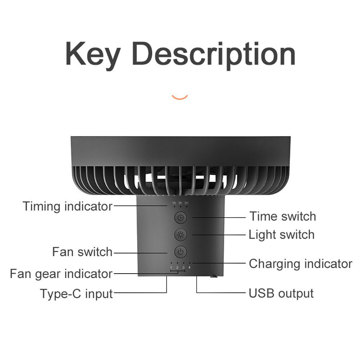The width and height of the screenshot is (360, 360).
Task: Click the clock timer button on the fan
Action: pyautogui.click(x=180, y=217)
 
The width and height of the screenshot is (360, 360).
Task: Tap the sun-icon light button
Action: pyautogui.click(x=180, y=235)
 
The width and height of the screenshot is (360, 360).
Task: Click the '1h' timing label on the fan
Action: pyautogui.click(x=174, y=203)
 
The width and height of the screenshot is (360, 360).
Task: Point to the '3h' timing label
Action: pyautogui.click(x=180, y=203)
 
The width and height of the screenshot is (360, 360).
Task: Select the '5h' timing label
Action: pyautogui.click(x=186, y=203)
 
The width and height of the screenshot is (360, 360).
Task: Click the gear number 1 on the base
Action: pyautogui.click(x=171, y=267)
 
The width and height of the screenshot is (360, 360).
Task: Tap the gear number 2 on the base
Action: pyautogui.click(x=177, y=267)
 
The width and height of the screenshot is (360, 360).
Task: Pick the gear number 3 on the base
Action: pyautogui.click(x=183, y=267)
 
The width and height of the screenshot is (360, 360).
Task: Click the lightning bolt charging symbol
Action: pyautogui.click(x=190, y=267)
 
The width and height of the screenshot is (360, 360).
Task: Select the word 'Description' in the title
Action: pyautogui.click(x=213, y=55)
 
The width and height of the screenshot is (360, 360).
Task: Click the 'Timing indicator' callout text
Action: pyautogui.click(x=67, y=206)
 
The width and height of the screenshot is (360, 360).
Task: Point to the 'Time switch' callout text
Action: pyautogui.click(x=283, y=216)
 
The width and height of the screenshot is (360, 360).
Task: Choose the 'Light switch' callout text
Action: pyautogui.click(x=282, y=235)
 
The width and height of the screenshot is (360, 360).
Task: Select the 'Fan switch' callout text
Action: pyautogui.click(x=82, y=252)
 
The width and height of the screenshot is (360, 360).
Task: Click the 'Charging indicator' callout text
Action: pyautogui.click(x=300, y=264)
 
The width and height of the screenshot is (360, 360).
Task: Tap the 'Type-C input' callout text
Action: pyautogui.click(x=76, y=293)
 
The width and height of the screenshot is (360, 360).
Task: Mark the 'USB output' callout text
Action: pyautogui.click(x=281, y=293)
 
